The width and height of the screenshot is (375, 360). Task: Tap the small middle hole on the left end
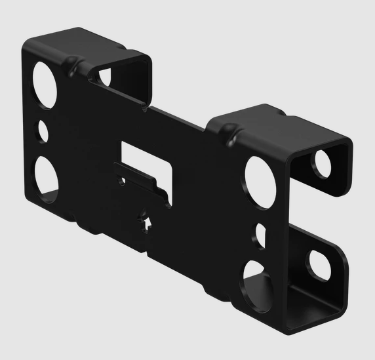coord(43,130)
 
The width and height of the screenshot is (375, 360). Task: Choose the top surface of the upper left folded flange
coord(85,43)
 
